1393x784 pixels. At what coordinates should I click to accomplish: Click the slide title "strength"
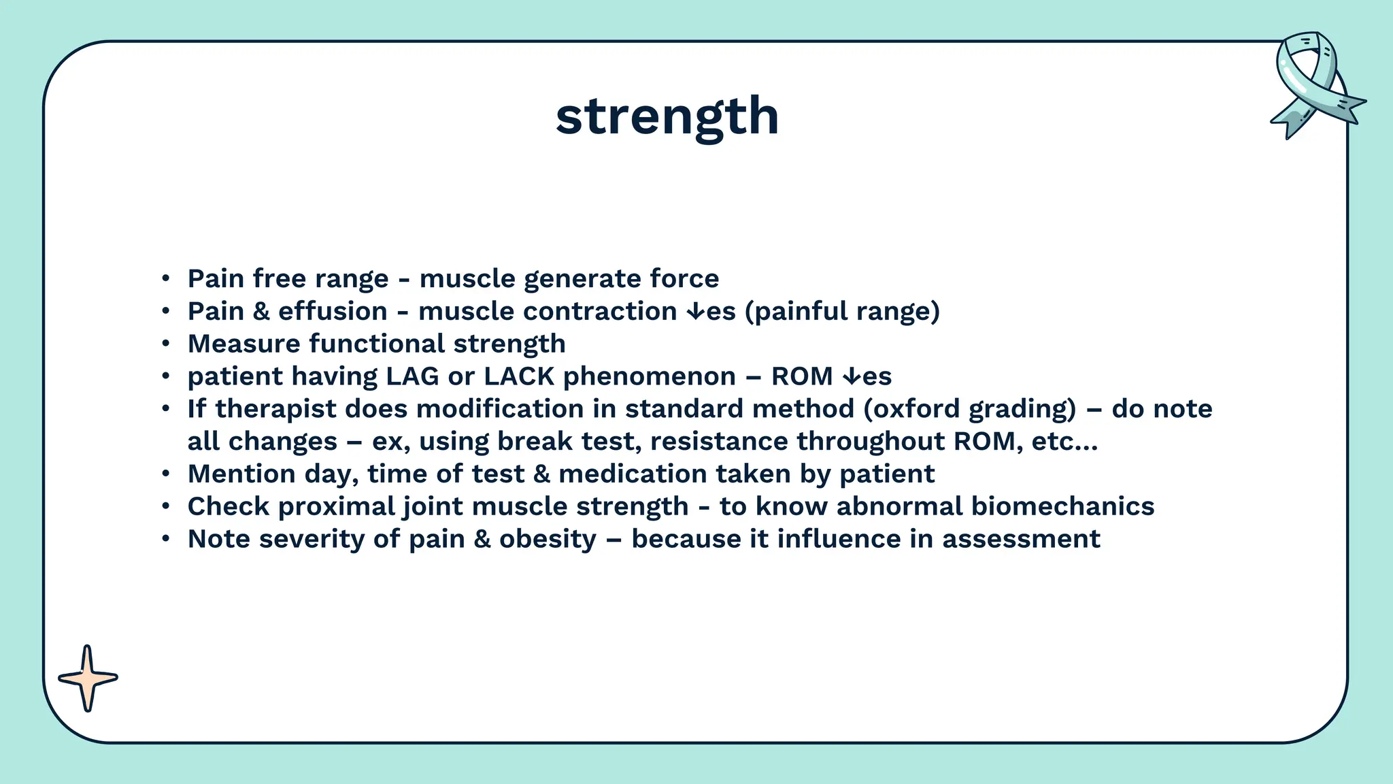tap(667, 116)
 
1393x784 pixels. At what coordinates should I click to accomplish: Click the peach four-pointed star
tap(87, 678)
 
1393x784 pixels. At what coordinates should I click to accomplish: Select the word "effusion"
tap(333, 311)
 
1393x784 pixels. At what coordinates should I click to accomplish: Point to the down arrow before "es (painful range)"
tap(696, 312)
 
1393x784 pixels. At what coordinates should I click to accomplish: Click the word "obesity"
tap(548, 539)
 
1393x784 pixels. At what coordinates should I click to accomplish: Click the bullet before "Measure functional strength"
tap(166, 344)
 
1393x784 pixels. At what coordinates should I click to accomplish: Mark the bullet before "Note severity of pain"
tap(166, 540)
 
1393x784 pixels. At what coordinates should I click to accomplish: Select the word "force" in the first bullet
tap(684, 278)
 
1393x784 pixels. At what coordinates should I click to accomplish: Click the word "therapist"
tap(275, 409)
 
